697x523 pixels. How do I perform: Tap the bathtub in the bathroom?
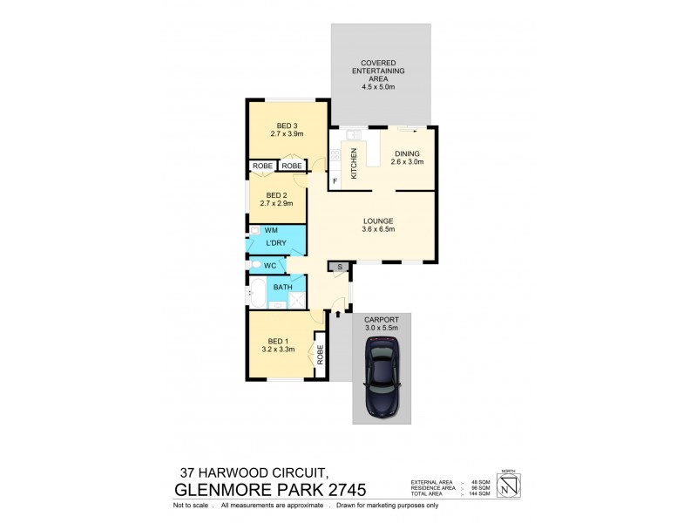[x=259, y=291]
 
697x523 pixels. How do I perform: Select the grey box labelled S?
[x=337, y=266]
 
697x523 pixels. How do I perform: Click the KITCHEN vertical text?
[x=354, y=163]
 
